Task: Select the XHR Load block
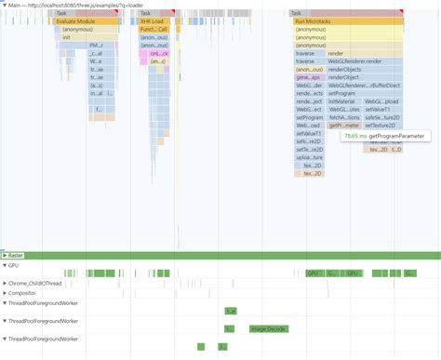click(154, 20)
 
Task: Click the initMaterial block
click(343, 101)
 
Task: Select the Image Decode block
click(270, 329)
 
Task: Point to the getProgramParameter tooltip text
click(396, 136)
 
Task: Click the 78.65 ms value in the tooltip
click(354, 136)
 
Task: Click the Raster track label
click(15, 255)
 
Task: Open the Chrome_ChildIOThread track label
click(35, 283)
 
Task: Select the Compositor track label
click(22, 293)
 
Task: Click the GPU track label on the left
click(13, 265)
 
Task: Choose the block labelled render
click(336, 54)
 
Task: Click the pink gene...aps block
click(308, 77)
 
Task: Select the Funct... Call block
click(154, 29)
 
